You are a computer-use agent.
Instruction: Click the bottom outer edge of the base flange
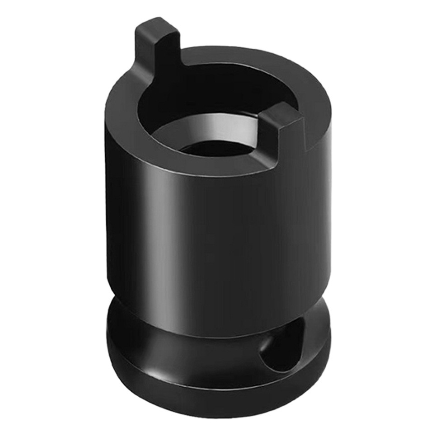pyautogui.click(x=217, y=402)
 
